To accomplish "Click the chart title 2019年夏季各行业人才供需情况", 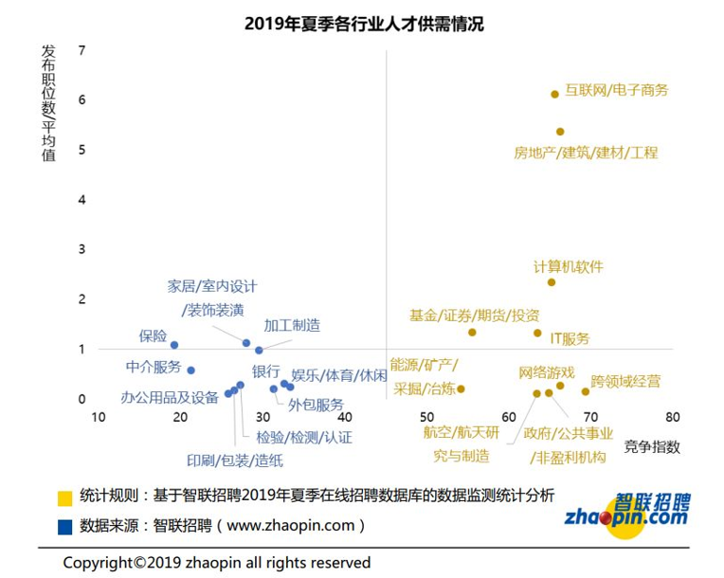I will (x=364, y=24).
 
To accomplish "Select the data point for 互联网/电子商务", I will (x=554, y=94).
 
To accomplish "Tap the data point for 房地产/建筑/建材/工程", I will (x=560, y=132).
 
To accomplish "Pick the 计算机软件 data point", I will (x=552, y=282).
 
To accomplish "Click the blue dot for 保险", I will (x=174, y=345).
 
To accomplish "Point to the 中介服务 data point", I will (x=190, y=370).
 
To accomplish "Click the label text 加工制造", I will (x=292, y=326).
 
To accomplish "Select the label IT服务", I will (x=570, y=339).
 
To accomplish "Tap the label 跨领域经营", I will (x=625, y=382).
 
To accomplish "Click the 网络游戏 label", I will (x=547, y=371).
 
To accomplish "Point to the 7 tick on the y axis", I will (x=82, y=50).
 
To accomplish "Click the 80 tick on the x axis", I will (x=673, y=417).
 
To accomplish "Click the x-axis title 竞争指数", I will (x=652, y=447).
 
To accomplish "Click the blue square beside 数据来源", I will (x=64, y=525).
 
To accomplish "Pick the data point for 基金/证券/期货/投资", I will (x=472, y=333).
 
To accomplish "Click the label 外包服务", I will (x=316, y=406).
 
